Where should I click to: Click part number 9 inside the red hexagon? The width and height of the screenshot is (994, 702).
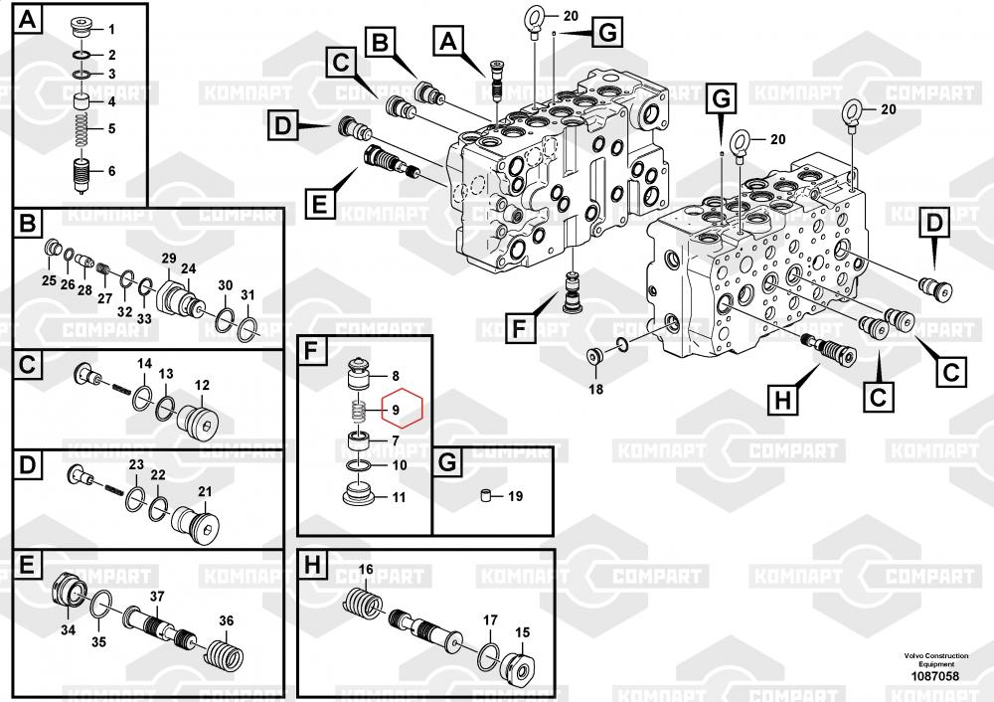tap(396, 410)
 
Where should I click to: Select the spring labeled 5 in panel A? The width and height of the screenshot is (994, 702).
tap(82, 128)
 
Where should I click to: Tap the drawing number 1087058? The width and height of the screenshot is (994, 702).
tap(935, 676)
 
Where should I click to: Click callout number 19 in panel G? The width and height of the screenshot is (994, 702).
tap(515, 496)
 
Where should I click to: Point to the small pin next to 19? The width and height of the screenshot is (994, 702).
tap(486, 496)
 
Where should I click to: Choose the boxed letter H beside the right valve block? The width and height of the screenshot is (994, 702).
tap(783, 400)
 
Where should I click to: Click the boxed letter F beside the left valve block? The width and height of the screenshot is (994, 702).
tap(519, 329)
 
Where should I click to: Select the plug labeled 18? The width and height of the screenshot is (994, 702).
tap(594, 356)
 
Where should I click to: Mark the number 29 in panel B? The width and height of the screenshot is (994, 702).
tap(169, 259)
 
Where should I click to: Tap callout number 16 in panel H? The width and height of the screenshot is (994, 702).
tap(366, 570)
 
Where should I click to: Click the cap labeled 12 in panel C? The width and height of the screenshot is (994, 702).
tap(197, 420)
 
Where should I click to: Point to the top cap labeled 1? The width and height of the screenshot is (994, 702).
tap(81, 28)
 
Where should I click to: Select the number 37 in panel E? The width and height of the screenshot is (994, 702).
tap(157, 596)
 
